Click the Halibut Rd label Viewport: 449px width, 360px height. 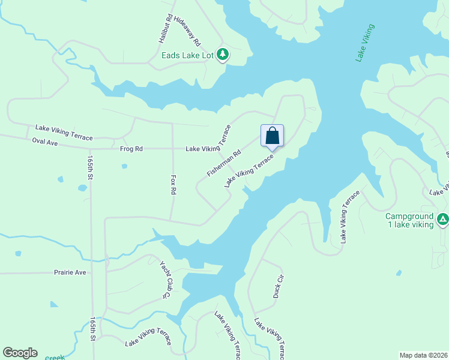point(166,27)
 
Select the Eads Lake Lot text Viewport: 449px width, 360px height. point(188,55)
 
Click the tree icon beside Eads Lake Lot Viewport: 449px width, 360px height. point(223,55)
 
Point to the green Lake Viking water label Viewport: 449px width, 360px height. point(365,43)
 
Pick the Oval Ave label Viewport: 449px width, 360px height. point(44,142)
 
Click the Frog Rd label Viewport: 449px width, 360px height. point(131,149)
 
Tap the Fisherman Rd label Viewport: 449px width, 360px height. point(224,163)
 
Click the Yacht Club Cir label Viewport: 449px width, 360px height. point(166,279)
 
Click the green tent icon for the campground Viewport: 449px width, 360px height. point(442,220)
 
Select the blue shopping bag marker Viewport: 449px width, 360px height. point(272,136)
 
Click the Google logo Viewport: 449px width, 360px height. point(20,353)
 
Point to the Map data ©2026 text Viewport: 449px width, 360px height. point(423,355)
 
